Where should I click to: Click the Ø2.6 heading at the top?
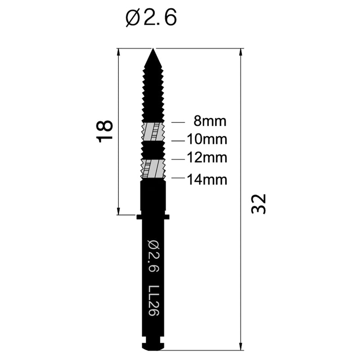pyautogui.click(x=151, y=18)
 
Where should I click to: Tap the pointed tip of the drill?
pyautogui.click(x=153, y=50)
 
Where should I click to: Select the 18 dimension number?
pyautogui.click(x=105, y=131)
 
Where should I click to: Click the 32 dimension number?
pyautogui.click(x=259, y=203)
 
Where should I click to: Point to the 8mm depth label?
pyautogui.click(x=209, y=121)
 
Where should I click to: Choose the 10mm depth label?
pyautogui.click(x=207, y=139)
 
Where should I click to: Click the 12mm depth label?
pyautogui.click(x=207, y=158)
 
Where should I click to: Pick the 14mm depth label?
pyautogui.click(x=207, y=180)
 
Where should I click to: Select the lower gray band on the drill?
pyautogui.click(x=153, y=169)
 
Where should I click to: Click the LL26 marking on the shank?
pyautogui.click(x=153, y=299)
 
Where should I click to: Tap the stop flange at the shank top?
pyautogui.click(x=153, y=217)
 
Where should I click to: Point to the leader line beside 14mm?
pyautogui.click(x=178, y=178)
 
